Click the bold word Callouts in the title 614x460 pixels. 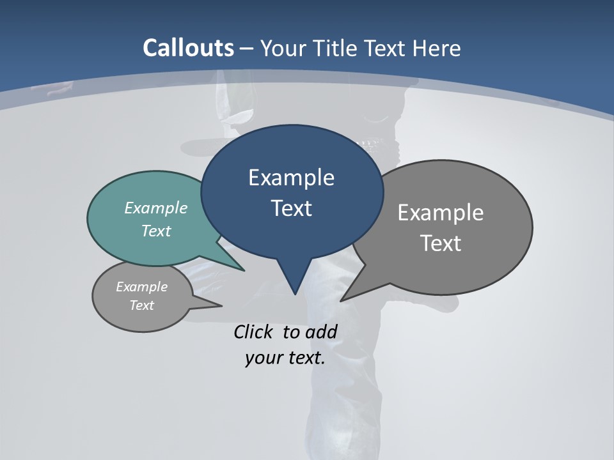pyautogui.click(x=189, y=48)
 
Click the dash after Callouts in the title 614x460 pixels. pyautogui.click(x=247, y=49)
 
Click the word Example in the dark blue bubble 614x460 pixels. pyautogui.click(x=291, y=178)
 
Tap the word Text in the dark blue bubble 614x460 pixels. pyautogui.click(x=291, y=208)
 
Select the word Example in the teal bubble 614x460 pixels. pyautogui.click(x=156, y=208)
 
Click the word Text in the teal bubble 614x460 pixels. pyautogui.click(x=156, y=231)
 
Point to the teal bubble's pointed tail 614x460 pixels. pyautogui.click(x=243, y=270)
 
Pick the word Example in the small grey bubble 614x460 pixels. pyautogui.click(x=141, y=287)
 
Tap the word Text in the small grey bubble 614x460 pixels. pyautogui.click(x=141, y=305)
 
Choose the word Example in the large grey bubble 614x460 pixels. pyautogui.click(x=441, y=213)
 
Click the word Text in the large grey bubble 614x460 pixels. pyautogui.click(x=441, y=243)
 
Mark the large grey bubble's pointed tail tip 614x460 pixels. pyautogui.click(x=342, y=300)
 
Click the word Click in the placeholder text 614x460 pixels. pyautogui.click(x=254, y=332)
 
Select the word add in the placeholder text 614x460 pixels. pyautogui.click(x=321, y=332)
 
